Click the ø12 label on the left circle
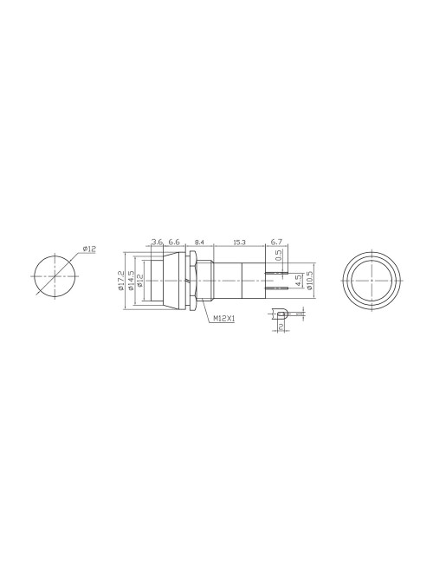pyautogui.click(x=90, y=249)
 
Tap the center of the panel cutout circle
pyautogui.click(x=54, y=275)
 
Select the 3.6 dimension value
pyautogui.click(x=157, y=243)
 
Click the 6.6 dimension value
pyautogui.click(x=174, y=243)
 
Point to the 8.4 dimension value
pyautogui.click(x=199, y=243)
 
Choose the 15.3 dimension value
pyautogui.click(x=238, y=243)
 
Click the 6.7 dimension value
pyautogui.click(x=277, y=243)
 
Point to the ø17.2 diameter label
pyautogui.click(x=122, y=279)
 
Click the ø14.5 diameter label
pyautogui.click(x=131, y=279)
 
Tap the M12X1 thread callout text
pyautogui.click(x=224, y=319)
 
